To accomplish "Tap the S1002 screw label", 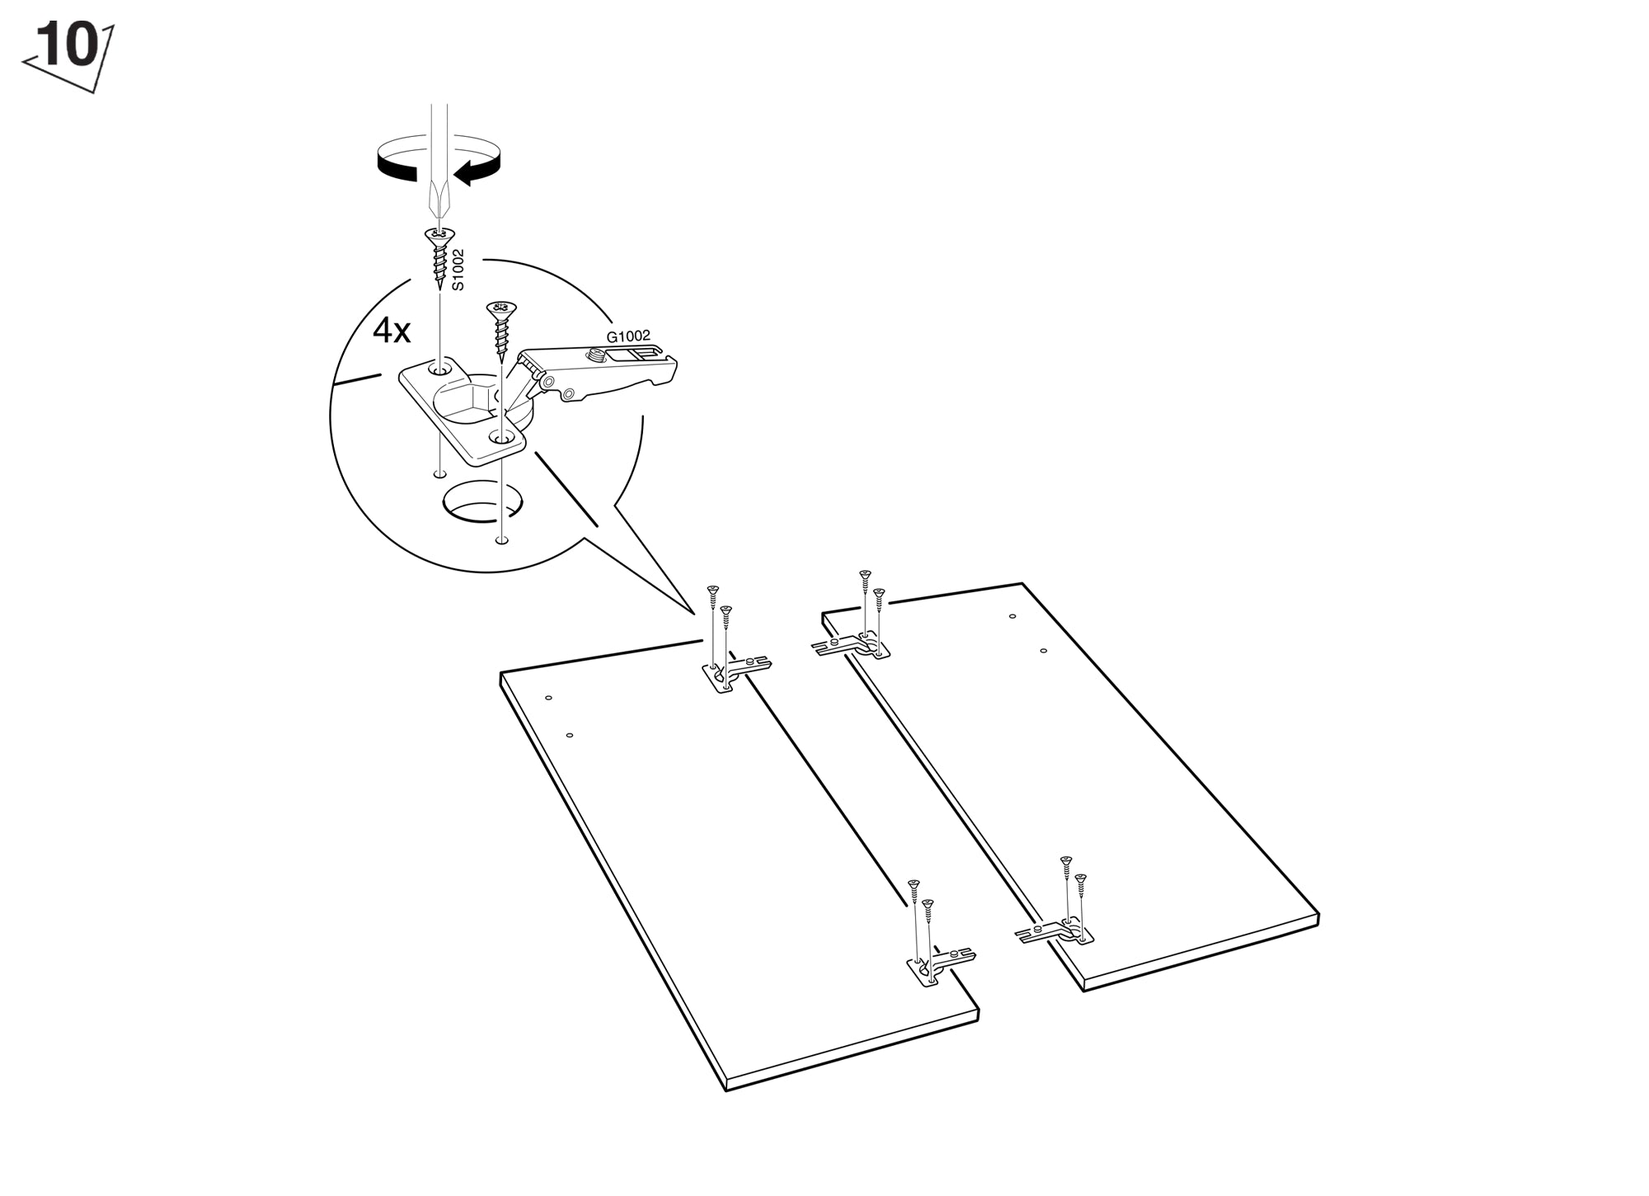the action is pos(458,270).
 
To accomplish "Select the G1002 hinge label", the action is pos(628,337).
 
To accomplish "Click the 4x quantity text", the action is pos(392,331).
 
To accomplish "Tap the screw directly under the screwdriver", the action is pos(439,259).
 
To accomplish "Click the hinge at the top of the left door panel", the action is pos(734,672).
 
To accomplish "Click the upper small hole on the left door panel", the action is pos(548,698).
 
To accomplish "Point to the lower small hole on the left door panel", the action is pos(570,735).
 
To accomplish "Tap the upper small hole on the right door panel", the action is pos(1012,616).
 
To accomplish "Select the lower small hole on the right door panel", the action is pos(1043,651).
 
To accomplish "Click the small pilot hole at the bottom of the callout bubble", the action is pos(500,541).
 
